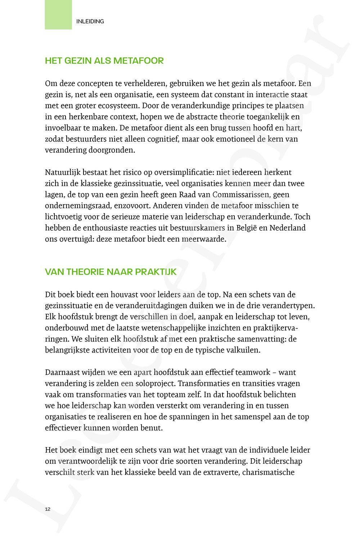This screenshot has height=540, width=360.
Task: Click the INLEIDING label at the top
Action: click(x=90, y=22)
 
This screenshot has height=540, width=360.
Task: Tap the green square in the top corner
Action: click(x=58, y=14)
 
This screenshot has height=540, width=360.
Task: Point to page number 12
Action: click(x=48, y=509)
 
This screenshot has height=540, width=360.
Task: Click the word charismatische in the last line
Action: click(x=269, y=472)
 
